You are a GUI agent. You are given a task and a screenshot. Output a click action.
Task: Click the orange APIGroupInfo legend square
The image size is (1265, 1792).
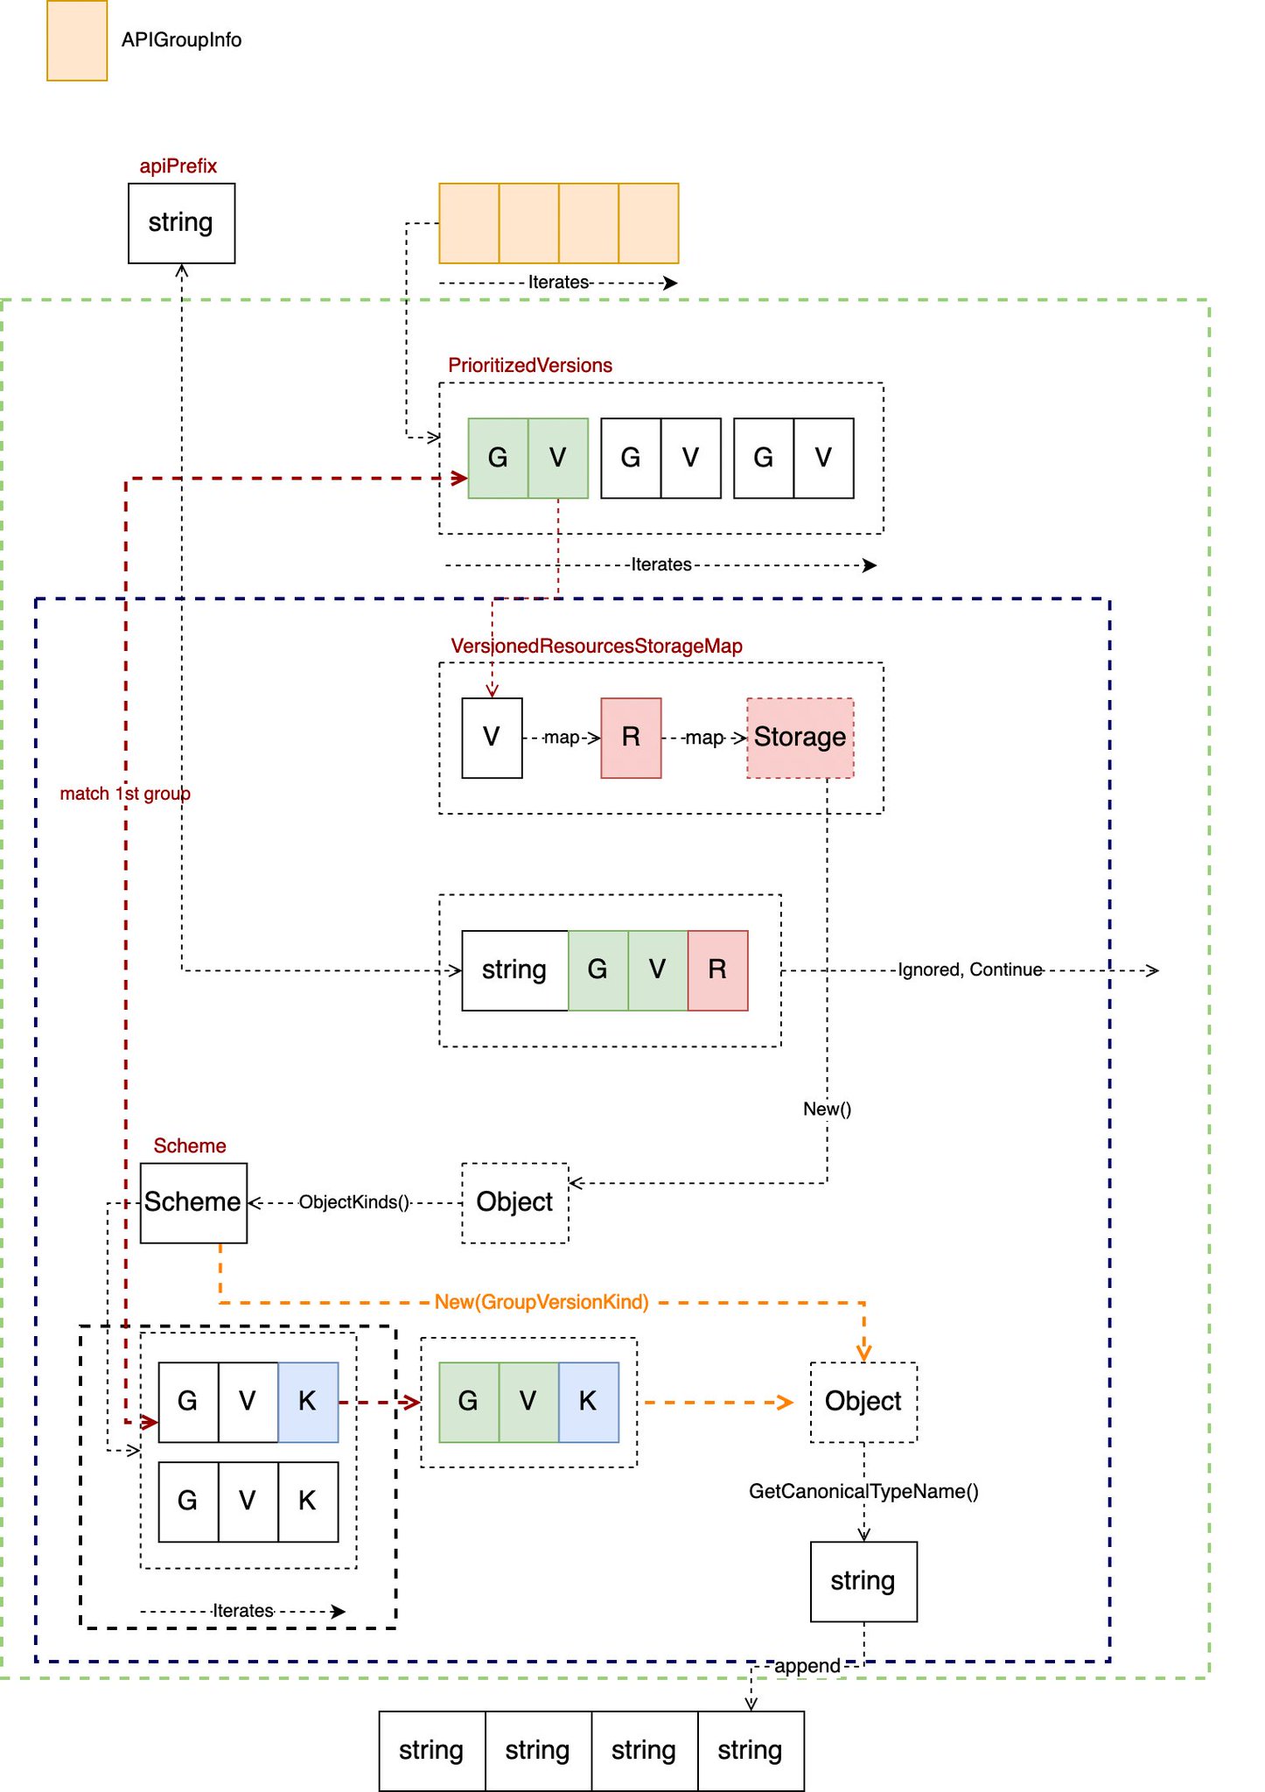[x=77, y=40]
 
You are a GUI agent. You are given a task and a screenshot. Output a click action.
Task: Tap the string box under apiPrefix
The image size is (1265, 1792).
[x=181, y=223]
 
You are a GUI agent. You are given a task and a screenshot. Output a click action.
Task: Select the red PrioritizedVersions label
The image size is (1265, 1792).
[x=530, y=365]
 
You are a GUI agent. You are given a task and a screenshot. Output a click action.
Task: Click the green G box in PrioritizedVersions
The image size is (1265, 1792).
[x=498, y=458]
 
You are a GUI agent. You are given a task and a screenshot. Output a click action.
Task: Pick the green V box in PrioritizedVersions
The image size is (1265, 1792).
[x=558, y=458]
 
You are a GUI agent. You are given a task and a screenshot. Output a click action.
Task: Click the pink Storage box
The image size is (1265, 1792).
[x=800, y=738]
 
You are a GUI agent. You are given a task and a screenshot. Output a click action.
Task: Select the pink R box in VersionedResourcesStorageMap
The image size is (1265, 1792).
[x=631, y=738]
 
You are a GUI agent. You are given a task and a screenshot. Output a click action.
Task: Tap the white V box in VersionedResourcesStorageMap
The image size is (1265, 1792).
[x=492, y=738]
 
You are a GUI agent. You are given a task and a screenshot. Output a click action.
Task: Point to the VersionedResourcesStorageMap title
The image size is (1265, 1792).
[x=597, y=646]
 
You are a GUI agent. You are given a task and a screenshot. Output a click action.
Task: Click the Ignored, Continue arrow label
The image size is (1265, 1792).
[x=970, y=969]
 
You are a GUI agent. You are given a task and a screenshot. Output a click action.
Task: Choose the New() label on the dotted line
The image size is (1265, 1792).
[x=827, y=1109]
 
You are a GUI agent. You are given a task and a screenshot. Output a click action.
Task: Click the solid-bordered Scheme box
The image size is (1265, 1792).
[x=193, y=1203]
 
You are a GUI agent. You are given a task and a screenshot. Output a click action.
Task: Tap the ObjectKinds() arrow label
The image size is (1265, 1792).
[x=354, y=1202]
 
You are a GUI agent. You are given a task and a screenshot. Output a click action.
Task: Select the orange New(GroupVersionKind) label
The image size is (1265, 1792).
[x=542, y=1302]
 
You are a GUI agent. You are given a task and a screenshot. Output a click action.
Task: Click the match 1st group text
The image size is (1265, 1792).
[x=125, y=794]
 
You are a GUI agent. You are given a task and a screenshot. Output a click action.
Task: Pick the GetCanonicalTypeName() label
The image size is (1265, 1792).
[x=863, y=1491]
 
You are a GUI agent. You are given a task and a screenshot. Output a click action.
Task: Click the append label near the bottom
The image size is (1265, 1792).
[x=807, y=1666]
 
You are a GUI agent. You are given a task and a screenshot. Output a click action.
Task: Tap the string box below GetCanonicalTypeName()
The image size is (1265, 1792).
[x=864, y=1582]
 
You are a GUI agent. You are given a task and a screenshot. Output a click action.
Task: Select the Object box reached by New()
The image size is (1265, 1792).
[x=515, y=1203]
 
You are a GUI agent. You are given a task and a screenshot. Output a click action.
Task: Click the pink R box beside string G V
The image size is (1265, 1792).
[x=717, y=970]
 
